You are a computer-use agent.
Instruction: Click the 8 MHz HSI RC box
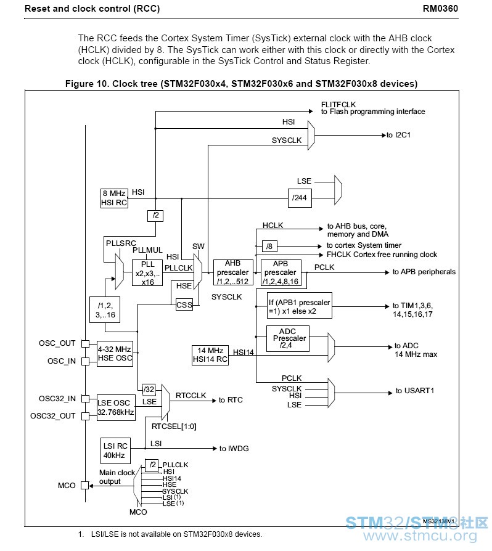[114, 198]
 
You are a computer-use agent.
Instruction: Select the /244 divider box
[300, 198]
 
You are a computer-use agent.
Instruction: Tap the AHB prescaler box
[233, 272]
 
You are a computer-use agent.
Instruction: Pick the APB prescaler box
[281, 272]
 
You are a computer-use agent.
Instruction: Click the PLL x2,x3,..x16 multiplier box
[147, 272]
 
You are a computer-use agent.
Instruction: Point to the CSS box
[184, 304]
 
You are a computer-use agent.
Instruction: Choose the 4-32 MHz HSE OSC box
[115, 354]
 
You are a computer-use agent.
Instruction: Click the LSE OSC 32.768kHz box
[116, 407]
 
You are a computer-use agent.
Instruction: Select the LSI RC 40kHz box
[115, 451]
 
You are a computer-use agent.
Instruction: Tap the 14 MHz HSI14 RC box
[210, 355]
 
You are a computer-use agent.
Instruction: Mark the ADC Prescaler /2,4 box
[288, 338]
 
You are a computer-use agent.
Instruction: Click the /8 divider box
[269, 246]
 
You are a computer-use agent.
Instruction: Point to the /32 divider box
[149, 390]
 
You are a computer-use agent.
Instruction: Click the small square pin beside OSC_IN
[85, 361]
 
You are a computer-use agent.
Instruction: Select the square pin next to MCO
[85, 485]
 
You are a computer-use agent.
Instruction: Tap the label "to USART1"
[415, 391]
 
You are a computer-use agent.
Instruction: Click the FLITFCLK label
[338, 104]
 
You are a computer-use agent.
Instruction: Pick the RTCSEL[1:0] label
[174, 427]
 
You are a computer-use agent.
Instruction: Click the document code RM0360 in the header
[440, 9]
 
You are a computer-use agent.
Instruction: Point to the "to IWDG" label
[234, 449]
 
